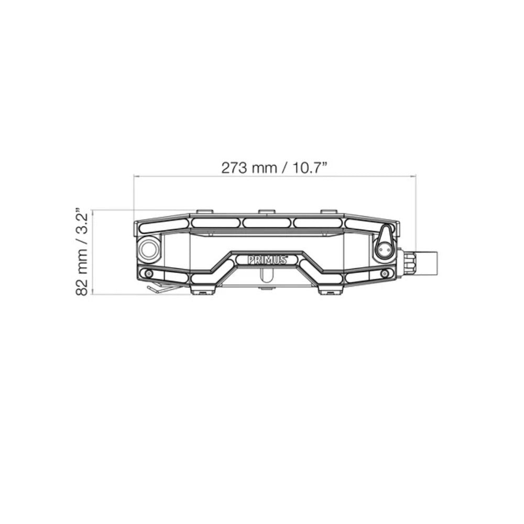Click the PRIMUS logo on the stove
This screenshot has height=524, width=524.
[267, 260]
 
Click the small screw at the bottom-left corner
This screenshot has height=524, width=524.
[147, 274]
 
